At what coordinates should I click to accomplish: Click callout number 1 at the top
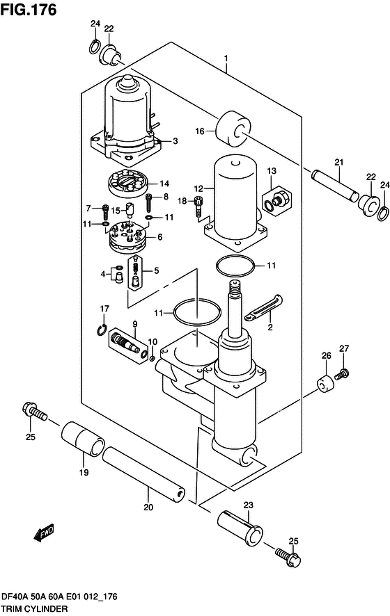click(226, 59)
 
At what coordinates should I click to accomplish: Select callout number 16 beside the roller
click(199, 131)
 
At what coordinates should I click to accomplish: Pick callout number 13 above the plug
click(272, 171)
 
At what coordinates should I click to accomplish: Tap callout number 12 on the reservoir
click(198, 188)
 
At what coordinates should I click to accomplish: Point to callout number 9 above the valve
click(134, 323)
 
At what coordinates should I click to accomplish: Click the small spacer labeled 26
click(325, 383)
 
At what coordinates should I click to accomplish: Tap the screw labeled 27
click(341, 375)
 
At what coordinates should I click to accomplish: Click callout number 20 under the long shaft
click(148, 508)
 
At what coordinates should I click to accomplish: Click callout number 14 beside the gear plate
click(165, 184)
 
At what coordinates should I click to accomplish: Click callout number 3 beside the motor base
click(175, 140)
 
